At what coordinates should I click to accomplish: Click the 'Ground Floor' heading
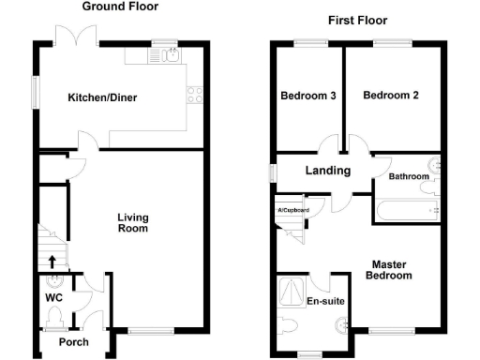click(120, 7)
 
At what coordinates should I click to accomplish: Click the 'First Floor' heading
click(357, 20)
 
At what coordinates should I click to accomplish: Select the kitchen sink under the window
click(170, 57)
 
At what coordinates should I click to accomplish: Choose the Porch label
click(74, 342)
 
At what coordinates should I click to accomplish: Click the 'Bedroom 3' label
click(308, 96)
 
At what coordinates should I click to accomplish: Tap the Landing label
click(328, 171)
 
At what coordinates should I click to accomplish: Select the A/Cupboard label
click(293, 210)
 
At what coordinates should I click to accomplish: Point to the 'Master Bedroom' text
click(389, 270)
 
